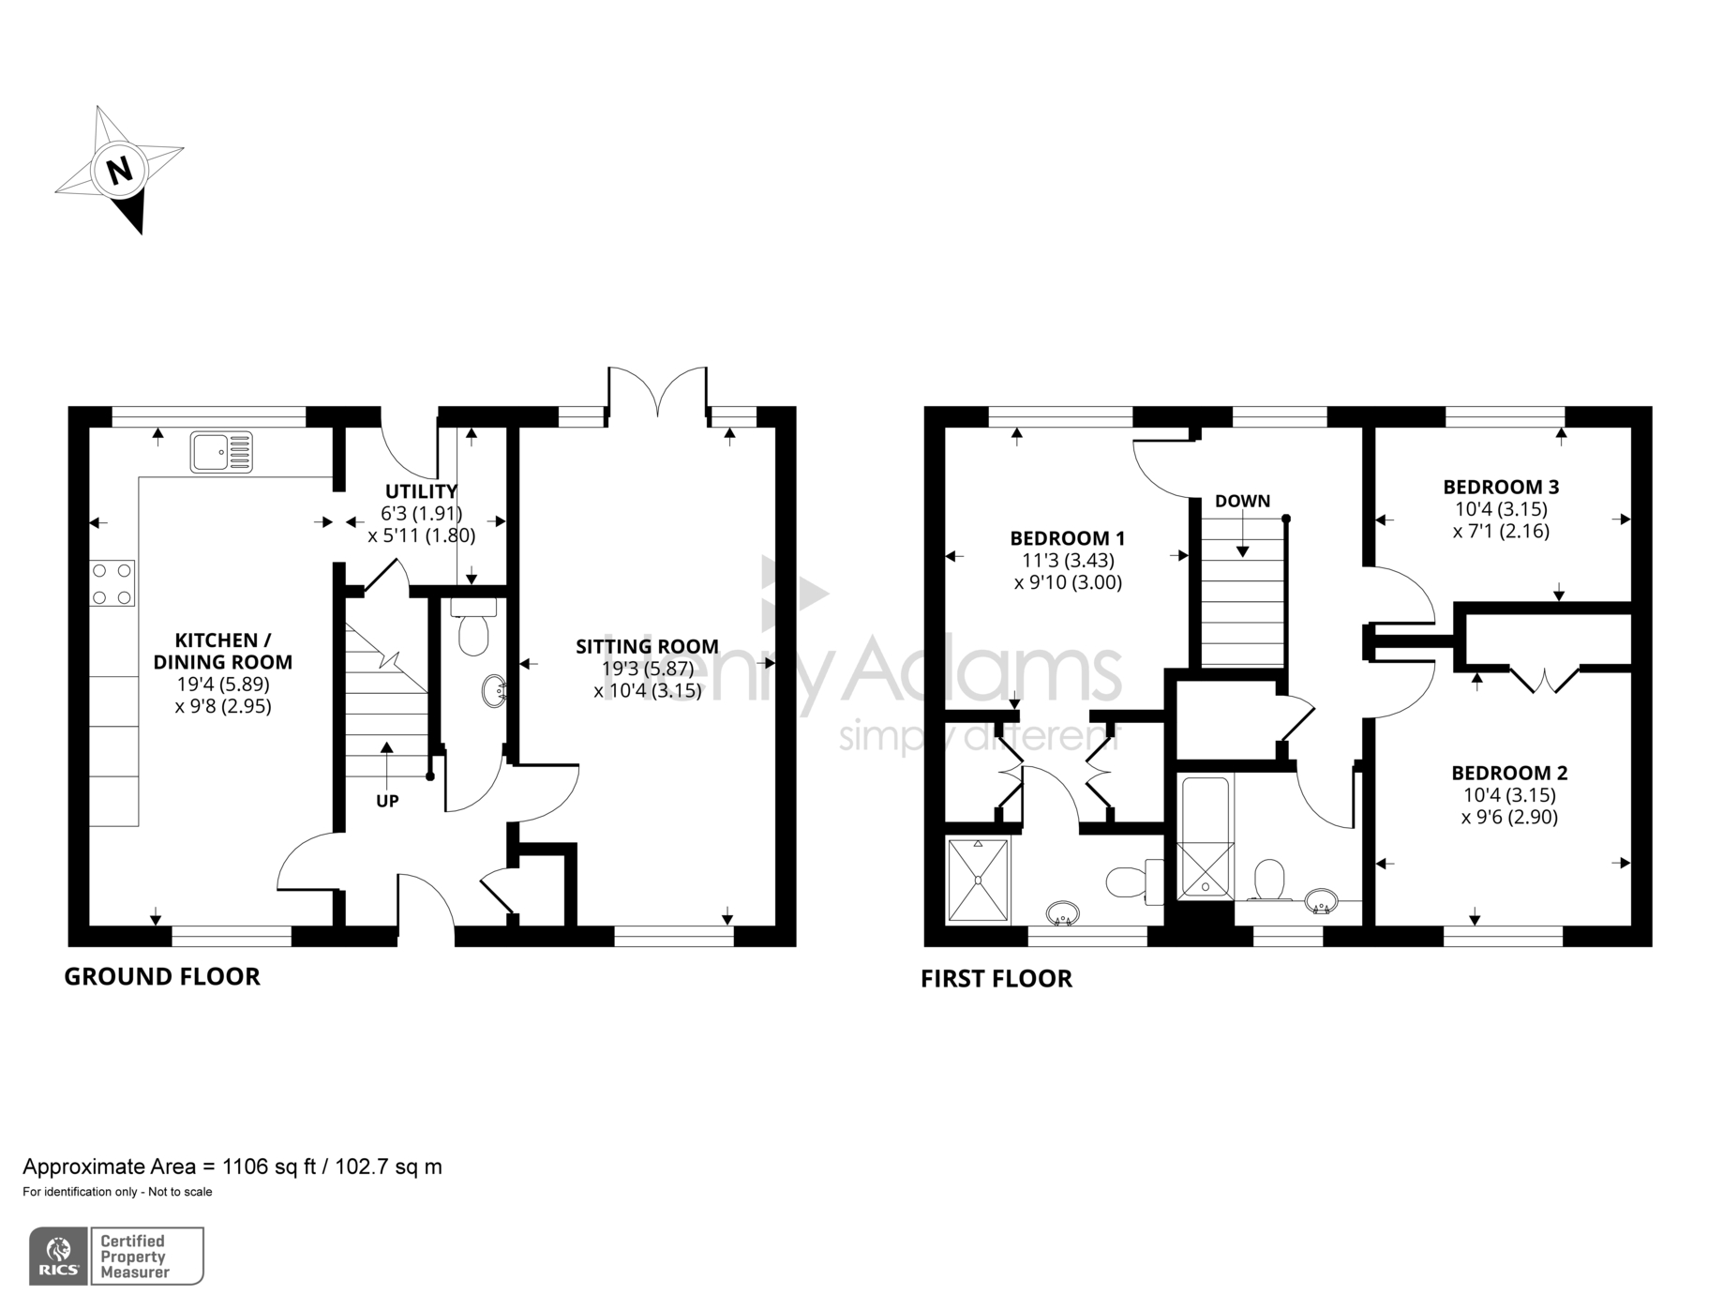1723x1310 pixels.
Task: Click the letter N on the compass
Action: (119, 172)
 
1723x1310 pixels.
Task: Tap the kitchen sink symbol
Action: (221, 452)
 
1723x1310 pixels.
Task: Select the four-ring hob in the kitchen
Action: (112, 583)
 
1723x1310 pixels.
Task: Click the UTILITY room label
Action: (422, 491)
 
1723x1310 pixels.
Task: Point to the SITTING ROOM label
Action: (647, 646)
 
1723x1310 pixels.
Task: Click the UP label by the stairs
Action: (387, 801)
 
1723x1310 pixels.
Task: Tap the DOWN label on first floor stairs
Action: (1242, 501)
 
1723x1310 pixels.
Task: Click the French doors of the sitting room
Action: (658, 392)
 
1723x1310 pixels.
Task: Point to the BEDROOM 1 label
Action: (1067, 538)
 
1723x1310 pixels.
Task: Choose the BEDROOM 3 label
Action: (1501, 487)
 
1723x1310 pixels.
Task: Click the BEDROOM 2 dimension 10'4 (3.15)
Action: (1509, 795)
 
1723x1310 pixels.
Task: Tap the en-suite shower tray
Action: (979, 881)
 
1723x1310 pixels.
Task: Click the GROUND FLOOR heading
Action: (161, 976)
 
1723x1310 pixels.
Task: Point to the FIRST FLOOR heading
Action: (996, 978)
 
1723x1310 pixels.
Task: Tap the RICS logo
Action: (58, 1256)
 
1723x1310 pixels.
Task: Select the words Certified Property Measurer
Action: (134, 1257)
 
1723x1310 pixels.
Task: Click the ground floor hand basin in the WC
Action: (494, 692)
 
